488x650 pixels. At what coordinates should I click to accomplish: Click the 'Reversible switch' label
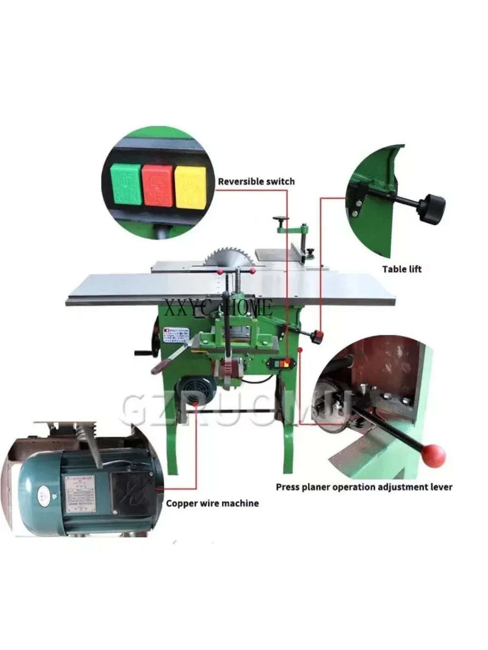[x=256, y=181]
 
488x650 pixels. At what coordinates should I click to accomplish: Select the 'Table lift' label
[x=402, y=269]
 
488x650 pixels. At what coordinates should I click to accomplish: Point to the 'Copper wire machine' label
[x=212, y=503]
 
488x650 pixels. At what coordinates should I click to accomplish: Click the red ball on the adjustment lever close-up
[x=434, y=455]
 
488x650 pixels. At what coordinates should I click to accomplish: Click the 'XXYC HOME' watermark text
[x=218, y=308]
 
